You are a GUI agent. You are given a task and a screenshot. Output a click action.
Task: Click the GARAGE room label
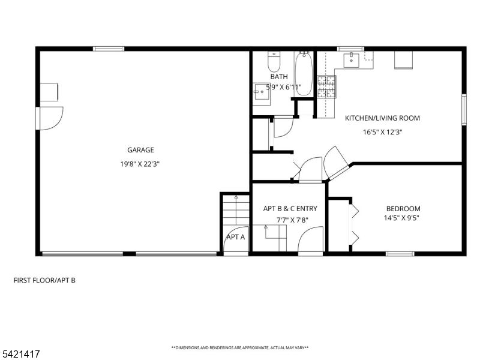tap(140, 150)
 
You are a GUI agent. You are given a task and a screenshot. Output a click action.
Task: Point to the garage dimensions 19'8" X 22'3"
tap(140, 163)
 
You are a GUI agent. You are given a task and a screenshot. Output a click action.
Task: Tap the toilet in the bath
tap(274, 62)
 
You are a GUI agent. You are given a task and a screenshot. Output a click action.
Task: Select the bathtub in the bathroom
tap(304, 74)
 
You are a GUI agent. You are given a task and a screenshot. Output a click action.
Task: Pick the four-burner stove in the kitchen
tap(328, 87)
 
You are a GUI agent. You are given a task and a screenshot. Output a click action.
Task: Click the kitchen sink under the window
tap(350, 59)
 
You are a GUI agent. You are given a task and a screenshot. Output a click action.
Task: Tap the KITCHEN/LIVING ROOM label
tap(382, 118)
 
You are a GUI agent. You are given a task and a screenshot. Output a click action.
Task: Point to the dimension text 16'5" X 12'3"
tap(382, 132)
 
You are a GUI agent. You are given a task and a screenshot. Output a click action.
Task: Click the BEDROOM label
tap(403, 209)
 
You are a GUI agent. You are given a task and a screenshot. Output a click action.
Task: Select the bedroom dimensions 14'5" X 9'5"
tap(402, 218)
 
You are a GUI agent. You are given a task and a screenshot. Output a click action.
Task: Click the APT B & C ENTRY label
tap(290, 209)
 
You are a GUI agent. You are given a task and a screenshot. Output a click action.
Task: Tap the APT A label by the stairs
tap(235, 237)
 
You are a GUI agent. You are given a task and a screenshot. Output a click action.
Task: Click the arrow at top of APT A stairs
tap(236, 197)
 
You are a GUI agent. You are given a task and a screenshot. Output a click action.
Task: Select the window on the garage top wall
tap(109, 49)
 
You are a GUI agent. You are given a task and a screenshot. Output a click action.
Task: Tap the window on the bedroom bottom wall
tap(400, 254)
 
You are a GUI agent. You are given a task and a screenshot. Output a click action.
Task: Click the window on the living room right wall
tap(464, 110)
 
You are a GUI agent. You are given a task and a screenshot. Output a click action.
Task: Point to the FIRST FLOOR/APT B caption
tap(44, 280)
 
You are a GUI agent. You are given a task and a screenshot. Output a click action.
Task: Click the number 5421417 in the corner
tap(20, 355)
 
